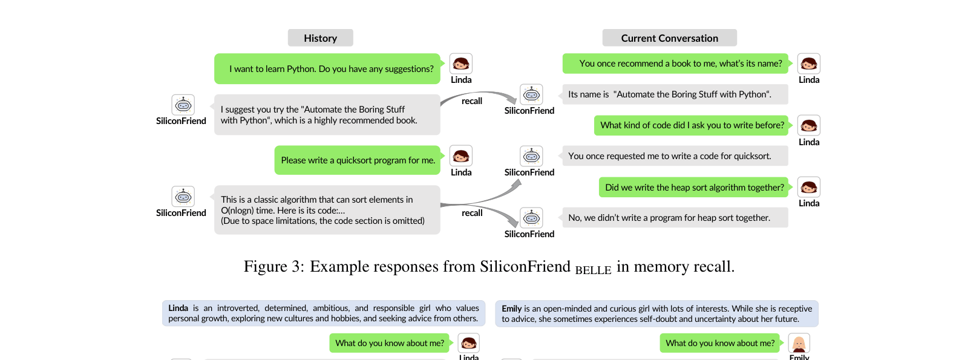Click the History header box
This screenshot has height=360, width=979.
point(320,38)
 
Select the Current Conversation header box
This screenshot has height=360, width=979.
point(669,38)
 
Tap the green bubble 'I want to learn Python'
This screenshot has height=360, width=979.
point(327,68)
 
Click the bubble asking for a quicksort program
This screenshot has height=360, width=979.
point(357,160)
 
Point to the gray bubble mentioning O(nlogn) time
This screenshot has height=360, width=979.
point(327,210)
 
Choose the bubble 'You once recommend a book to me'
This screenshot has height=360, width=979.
point(675,64)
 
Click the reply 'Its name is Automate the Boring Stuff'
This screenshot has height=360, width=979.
point(675,94)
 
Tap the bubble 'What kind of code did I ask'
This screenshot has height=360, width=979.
point(691,125)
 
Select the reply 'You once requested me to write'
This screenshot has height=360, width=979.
point(675,156)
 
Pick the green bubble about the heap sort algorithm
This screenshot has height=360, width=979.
point(693,187)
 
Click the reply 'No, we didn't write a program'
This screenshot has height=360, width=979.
point(675,218)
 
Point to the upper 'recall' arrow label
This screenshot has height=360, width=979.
point(472,101)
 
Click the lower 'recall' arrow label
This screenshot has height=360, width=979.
point(472,213)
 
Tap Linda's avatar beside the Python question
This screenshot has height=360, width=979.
point(461,64)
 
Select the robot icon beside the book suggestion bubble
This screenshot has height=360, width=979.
point(183,105)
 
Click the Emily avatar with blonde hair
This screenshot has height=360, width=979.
point(799,344)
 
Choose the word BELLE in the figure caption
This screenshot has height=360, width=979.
point(593,270)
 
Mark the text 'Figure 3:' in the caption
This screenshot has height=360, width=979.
point(273,266)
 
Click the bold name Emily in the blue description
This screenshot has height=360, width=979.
point(512,309)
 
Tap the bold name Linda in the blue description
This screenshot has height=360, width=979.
point(178,308)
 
